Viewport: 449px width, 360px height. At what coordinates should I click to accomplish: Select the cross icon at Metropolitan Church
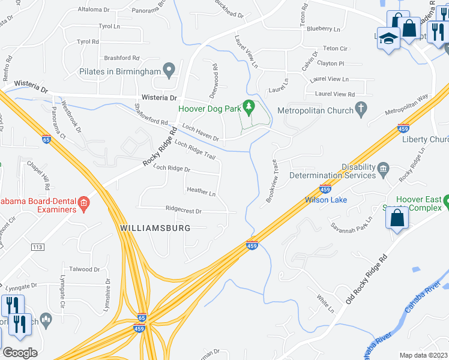tap(360, 109)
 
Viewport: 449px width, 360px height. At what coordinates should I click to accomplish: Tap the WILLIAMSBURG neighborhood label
tap(155, 228)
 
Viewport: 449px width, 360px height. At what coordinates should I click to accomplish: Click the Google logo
tap(20, 352)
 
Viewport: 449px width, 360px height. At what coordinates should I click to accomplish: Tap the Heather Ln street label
tap(201, 193)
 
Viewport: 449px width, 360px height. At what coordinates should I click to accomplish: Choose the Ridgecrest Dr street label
tap(184, 211)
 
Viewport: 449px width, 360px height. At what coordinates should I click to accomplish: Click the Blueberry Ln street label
tap(323, 29)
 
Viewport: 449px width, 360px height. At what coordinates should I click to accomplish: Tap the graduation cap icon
tap(389, 38)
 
